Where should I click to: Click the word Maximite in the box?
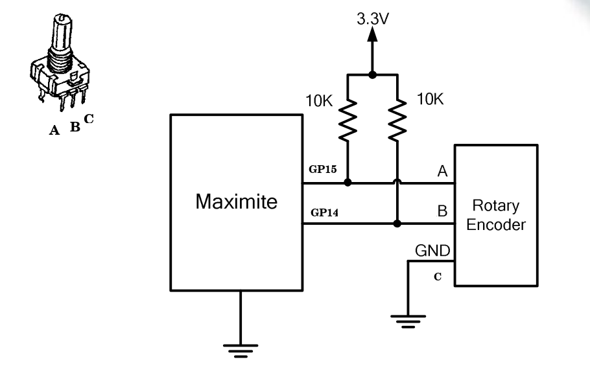(x=237, y=202)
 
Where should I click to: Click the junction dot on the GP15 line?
(x=348, y=183)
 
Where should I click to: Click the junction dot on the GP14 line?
(x=397, y=224)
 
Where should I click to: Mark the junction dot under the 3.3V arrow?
(x=372, y=74)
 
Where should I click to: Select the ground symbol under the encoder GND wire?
(x=408, y=319)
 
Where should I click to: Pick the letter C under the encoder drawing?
(x=89, y=119)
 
